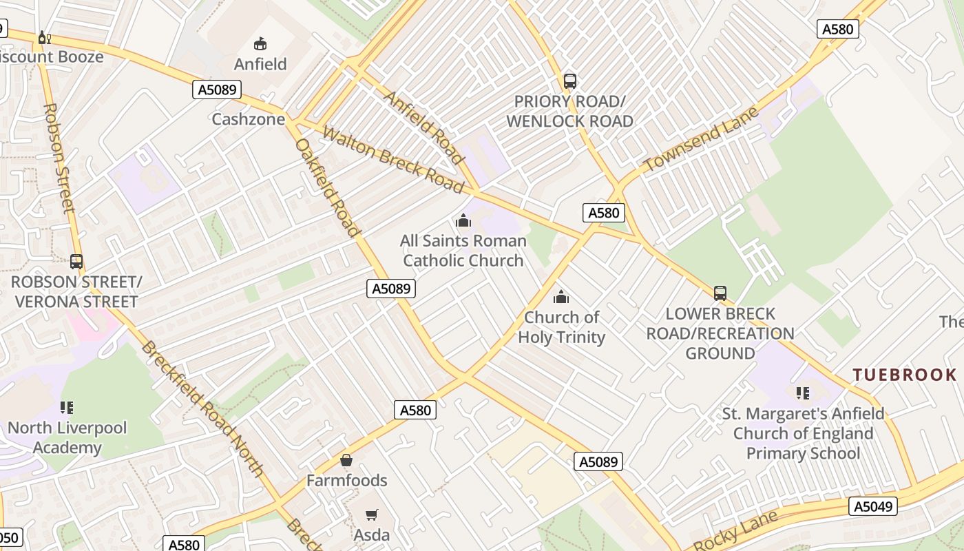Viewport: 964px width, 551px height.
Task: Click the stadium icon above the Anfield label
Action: (260, 44)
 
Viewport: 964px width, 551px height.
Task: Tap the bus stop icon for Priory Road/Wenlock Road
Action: (569, 81)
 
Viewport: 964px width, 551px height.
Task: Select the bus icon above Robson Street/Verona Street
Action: (76, 262)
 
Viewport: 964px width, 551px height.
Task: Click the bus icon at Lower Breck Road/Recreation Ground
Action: (720, 293)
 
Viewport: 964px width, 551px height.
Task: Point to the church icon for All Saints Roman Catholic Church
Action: (463, 221)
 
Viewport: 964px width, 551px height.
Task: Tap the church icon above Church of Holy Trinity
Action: (561, 297)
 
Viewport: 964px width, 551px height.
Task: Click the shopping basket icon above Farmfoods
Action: (346, 460)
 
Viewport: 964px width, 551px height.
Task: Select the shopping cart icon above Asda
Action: (372, 514)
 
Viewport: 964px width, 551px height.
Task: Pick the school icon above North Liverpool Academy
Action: (67, 408)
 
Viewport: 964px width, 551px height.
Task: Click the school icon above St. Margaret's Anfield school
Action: (802, 393)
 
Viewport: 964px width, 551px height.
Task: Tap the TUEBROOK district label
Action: (904, 375)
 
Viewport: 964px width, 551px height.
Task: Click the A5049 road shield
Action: (873, 507)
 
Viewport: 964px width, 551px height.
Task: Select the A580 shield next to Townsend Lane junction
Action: (604, 213)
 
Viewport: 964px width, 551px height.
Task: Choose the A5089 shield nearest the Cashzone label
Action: (216, 90)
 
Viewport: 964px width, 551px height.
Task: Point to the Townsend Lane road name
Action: (700, 140)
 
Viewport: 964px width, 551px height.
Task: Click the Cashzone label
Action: (248, 119)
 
